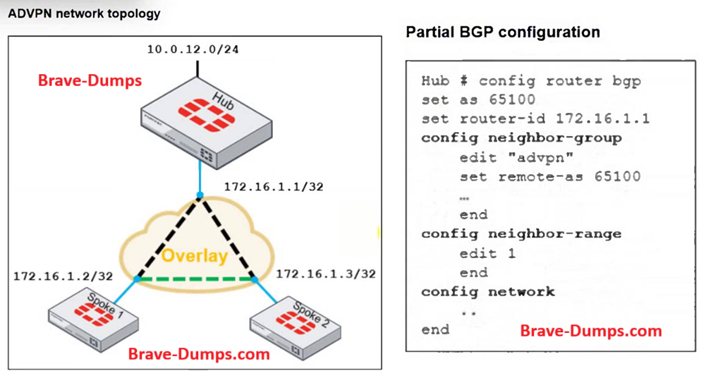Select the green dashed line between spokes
point(195,279)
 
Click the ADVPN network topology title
point(84,13)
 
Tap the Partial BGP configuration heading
point(503,32)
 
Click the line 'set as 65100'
point(477,99)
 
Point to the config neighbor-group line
point(521,138)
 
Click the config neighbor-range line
point(521,233)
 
